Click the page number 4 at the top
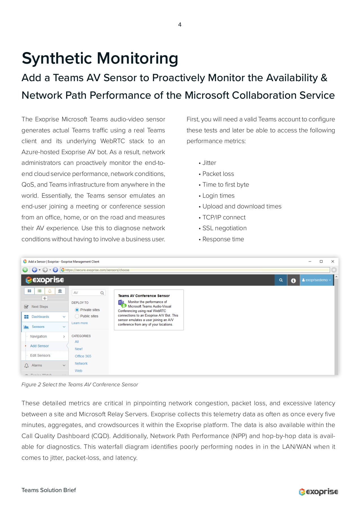coord(180,25)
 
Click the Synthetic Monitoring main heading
coord(100,58)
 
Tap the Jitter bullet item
coord(209,163)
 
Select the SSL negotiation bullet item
coord(224,228)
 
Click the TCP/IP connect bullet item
coord(224,217)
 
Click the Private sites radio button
coord(77,310)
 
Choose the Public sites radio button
coord(77,316)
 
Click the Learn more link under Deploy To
coord(79,323)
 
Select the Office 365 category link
coord(83,356)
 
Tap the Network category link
coord(81,364)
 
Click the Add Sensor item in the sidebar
coord(39,346)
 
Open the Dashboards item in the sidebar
coord(40,317)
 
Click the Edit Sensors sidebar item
coord(40,355)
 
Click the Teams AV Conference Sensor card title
coord(144,296)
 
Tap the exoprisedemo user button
coord(316,280)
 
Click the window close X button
coord(333,262)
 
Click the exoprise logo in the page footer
coord(318,492)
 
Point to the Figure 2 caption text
coord(80,385)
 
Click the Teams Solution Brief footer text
coord(49,490)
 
